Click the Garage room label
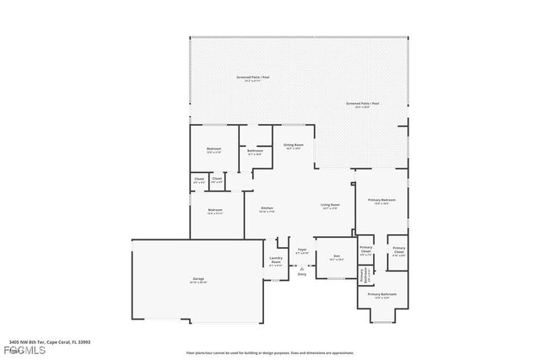(199, 279)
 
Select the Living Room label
(330, 206)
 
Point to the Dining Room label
(293, 146)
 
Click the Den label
(336, 256)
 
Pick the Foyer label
(301, 250)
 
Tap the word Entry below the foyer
(301, 274)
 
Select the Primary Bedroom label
(381, 201)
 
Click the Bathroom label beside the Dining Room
(255, 152)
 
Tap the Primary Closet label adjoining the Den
(365, 251)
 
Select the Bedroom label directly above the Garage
(215, 211)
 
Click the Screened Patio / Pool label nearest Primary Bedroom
(362, 105)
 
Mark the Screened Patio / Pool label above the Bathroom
(252, 78)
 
